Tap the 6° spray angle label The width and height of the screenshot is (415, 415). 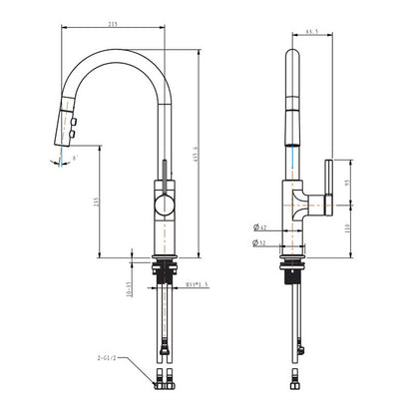pyautogui.click(x=77, y=158)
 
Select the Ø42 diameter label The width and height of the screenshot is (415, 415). pyautogui.click(x=260, y=228)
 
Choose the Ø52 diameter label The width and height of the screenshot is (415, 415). pyautogui.click(x=260, y=242)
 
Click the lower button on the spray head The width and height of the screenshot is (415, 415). pyautogui.click(x=73, y=128)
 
